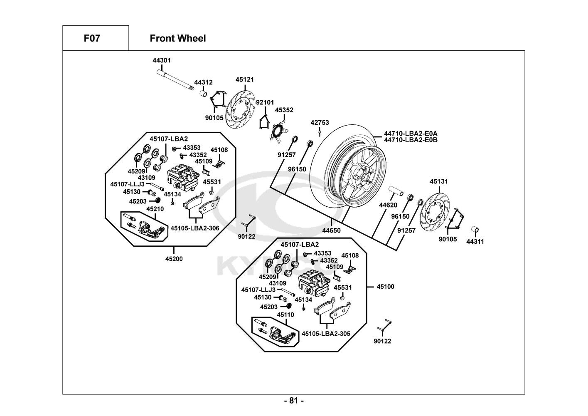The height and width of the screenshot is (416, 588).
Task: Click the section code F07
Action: click(92, 39)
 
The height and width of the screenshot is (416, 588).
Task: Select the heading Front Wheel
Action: click(177, 39)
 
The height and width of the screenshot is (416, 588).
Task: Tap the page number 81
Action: click(294, 401)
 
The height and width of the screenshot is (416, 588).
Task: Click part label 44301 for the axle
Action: click(162, 60)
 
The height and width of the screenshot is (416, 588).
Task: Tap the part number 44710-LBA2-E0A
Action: click(411, 134)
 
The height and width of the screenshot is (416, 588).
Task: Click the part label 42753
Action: click(320, 123)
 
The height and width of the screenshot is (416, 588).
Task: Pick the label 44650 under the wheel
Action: click(331, 230)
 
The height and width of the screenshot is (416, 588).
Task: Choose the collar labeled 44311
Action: click(475, 230)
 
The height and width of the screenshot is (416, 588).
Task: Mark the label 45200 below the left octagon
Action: click(174, 258)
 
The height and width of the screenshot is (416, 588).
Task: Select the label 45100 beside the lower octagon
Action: click(386, 287)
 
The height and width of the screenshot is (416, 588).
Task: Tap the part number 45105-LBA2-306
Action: click(195, 228)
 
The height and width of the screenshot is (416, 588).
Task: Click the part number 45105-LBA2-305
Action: click(326, 334)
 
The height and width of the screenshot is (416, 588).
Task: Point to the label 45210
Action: click(155, 209)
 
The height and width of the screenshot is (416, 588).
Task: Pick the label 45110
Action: click(285, 315)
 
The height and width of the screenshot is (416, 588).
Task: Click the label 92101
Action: click(265, 102)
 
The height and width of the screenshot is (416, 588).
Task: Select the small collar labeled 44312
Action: click(203, 94)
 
